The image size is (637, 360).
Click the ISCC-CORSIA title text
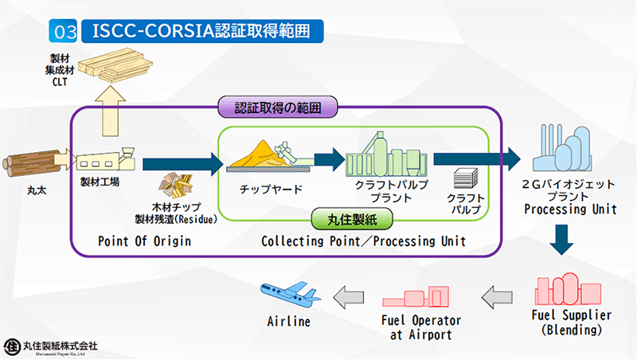(196, 31)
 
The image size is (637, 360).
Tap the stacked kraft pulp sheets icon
(464, 178)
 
